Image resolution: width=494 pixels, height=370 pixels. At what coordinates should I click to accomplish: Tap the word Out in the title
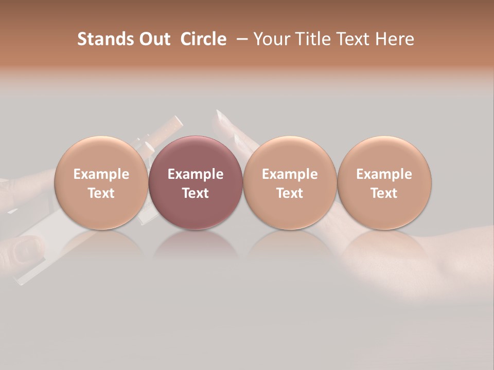(x=153, y=39)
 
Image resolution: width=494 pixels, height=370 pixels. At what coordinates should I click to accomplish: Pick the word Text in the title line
(x=350, y=39)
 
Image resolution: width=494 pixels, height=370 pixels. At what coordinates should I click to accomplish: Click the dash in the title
(x=240, y=39)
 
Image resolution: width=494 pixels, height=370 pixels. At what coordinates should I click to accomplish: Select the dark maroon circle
(x=195, y=154)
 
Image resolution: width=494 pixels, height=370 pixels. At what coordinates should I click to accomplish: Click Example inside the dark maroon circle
(x=196, y=174)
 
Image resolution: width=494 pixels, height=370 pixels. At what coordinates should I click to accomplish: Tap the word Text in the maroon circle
(x=196, y=193)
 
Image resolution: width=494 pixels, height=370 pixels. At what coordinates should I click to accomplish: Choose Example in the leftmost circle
(x=101, y=174)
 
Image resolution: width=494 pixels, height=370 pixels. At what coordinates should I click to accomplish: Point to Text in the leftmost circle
(x=101, y=193)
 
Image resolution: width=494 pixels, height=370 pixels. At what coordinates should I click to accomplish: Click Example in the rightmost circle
(x=384, y=174)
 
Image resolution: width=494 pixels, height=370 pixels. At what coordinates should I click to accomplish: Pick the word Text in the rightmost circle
(x=384, y=193)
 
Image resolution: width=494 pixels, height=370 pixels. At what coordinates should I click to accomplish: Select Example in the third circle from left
(x=290, y=174)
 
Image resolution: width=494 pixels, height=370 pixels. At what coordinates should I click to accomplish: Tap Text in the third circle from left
(x=290, y=193)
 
